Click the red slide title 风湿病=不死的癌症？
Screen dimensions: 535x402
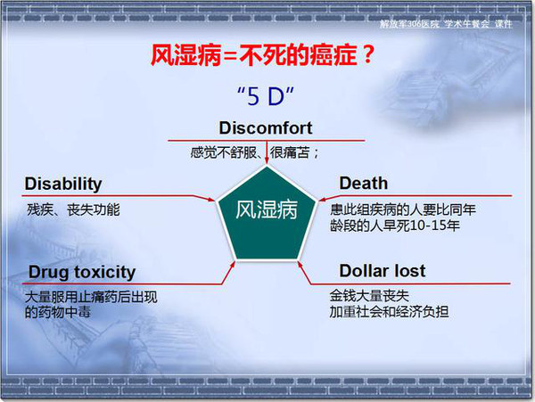(x=263, y=54)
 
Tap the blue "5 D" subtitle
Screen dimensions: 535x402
(x=266, y=95)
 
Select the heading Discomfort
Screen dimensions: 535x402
(x=266, y=127)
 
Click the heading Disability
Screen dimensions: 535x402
(x=63, y=185)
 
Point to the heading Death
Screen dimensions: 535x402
(x=364, y=183)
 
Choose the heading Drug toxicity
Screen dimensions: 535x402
(x=82, y=273)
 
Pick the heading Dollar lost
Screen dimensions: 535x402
(x=383, y=271)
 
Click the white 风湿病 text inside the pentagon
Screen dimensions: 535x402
(x=267, y=209)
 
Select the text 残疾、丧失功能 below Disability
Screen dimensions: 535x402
(x=73, y=209)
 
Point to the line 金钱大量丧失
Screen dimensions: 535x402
(x=369, y=296)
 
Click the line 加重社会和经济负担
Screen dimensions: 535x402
(x=389, y=311)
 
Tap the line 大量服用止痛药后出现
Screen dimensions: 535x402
(x=91, y=297)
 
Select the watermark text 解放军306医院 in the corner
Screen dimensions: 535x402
(x=409, y=24)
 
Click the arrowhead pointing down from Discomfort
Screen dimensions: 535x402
(x=267, y=160)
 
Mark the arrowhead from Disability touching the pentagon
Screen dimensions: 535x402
(x=210, y=199)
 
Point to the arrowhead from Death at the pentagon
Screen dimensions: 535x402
(x=323, y=199)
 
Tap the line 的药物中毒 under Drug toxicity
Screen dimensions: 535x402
(x=58, y=312)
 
